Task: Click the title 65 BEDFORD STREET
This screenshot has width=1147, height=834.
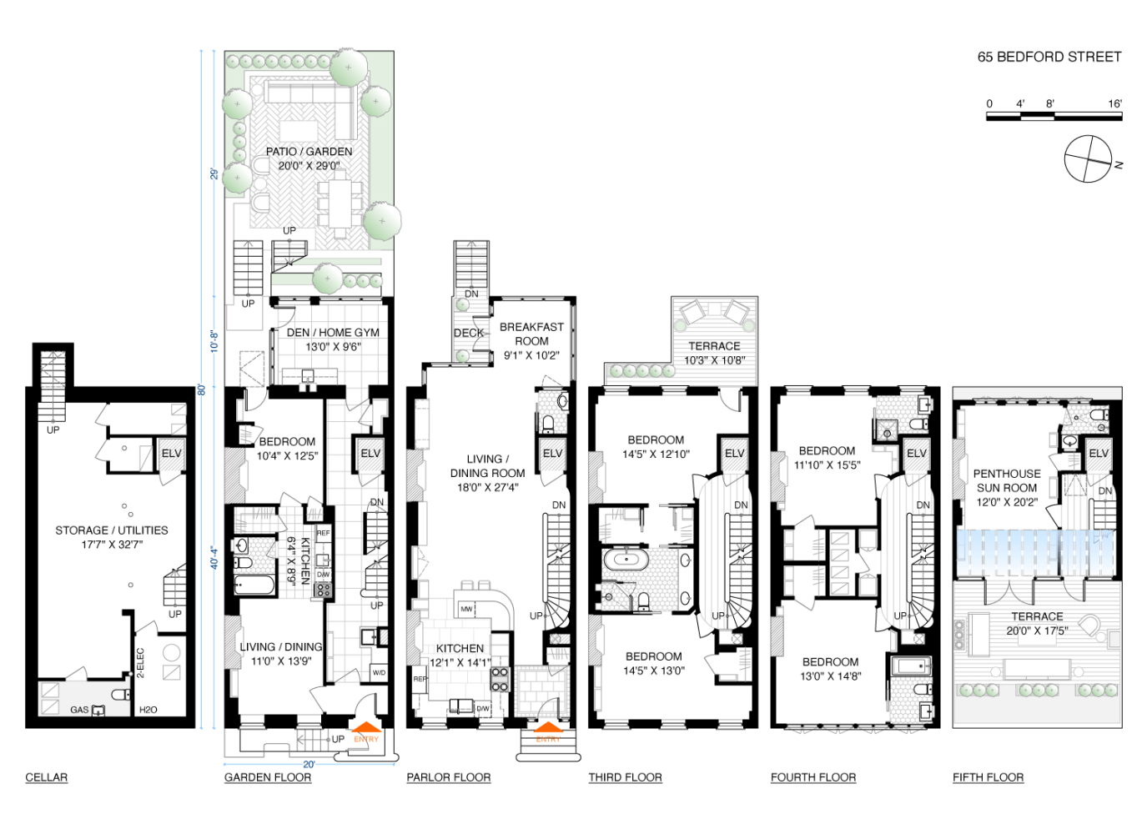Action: (1049, 57)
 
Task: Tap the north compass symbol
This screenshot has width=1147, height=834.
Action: (1089, 158)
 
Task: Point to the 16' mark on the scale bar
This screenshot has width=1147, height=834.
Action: (1114, 103)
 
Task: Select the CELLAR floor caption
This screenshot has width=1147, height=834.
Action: (47, 777)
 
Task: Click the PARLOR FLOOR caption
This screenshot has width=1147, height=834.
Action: (448, 777)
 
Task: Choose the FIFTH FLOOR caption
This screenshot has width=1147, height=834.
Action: (988, 777)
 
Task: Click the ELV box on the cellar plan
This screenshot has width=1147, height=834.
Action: (171, 454)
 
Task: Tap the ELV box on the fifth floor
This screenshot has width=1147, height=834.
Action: (1099, 454)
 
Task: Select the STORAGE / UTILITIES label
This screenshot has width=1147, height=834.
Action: (112, 530)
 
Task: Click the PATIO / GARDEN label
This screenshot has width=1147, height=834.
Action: (309, 152)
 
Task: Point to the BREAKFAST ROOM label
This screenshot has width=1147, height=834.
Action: (531, 334)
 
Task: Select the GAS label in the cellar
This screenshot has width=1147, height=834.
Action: (79, 710)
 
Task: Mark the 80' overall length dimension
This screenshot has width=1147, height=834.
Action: (202, 389)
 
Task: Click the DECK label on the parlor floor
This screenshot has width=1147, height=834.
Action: (469, 333)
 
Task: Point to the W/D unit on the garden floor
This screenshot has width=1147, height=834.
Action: (379, 672)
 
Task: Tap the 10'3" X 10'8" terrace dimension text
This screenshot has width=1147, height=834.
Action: (714, 360)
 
